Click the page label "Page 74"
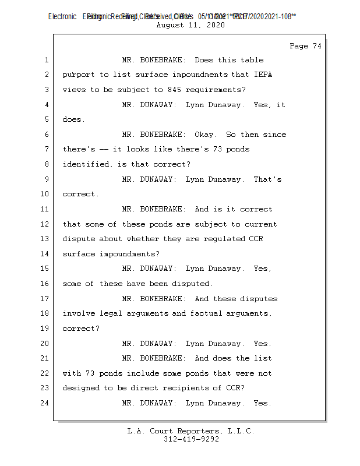305,46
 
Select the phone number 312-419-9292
191,439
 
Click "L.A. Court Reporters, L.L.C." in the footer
191,431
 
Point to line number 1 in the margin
46,60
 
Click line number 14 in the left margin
44,254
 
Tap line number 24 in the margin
44,403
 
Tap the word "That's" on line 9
267,179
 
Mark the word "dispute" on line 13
79,239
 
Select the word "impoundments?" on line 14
129,254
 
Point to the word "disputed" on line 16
192,284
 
